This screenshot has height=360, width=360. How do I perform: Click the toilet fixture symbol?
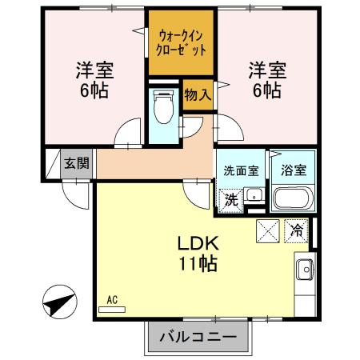click(x=164, y=107)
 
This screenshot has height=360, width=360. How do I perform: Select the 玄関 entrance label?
click(x=77, y=164)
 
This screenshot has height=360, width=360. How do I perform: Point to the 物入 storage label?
click(x=198, y=95)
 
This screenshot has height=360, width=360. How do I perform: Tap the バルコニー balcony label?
click(x=197, y=336)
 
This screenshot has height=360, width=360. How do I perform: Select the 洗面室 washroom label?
click(x=240, y=170)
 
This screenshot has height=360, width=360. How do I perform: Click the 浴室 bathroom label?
click(x=294, y=170)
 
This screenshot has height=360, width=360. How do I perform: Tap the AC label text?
click(x=112, y=299)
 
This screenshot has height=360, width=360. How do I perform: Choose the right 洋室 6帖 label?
click(x=263, y=78)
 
